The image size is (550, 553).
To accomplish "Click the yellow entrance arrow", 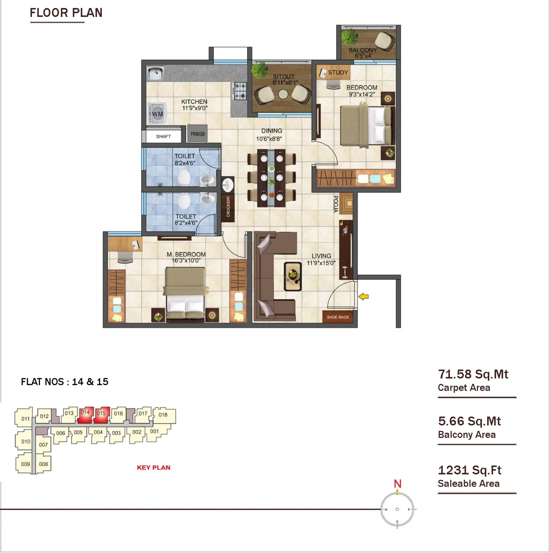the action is [364, 297].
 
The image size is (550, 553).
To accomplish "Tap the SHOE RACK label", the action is [338, 317].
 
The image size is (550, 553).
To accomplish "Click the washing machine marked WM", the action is [157, 114].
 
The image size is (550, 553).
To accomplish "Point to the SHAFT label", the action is [163, 136].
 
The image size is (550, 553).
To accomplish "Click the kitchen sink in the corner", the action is [155, 73].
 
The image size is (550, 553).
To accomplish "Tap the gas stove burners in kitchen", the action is [240, 91].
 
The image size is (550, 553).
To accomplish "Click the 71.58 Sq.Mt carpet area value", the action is [473, 374].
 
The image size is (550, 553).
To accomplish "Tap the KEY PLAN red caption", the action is [153, 467].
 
